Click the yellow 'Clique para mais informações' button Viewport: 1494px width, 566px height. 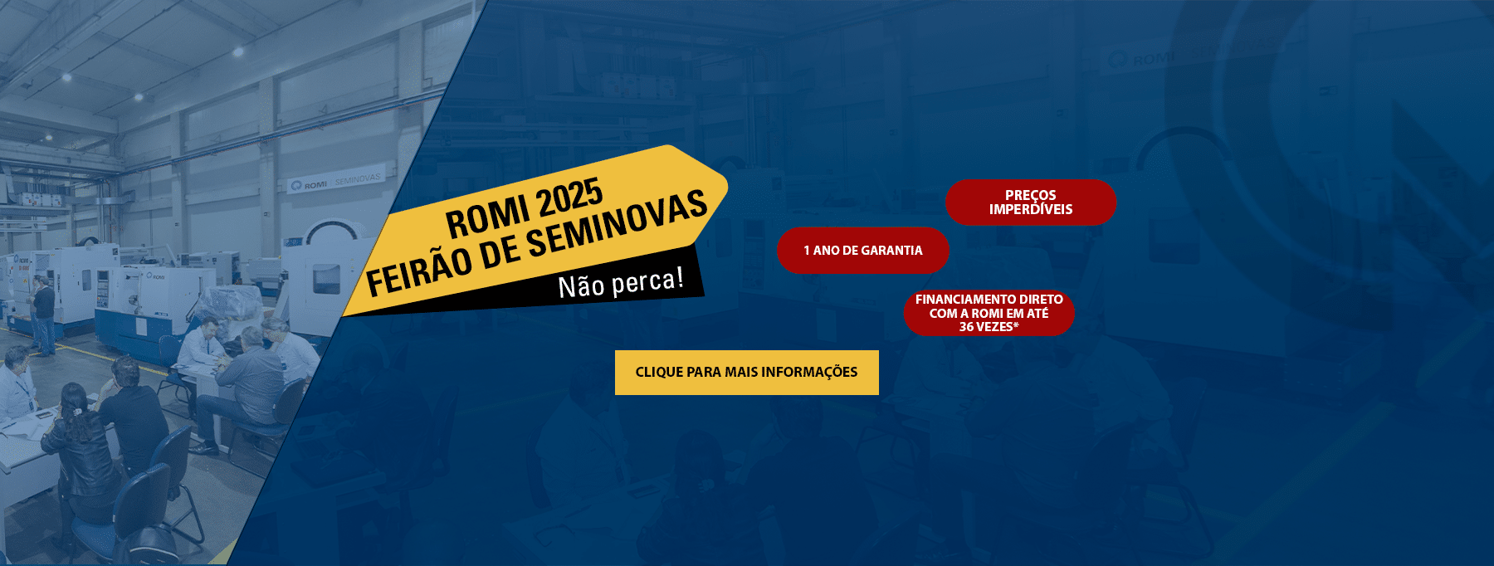(746, 372)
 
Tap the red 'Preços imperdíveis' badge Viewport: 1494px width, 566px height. (1031, 202)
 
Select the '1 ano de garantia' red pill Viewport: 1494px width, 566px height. (863, 250)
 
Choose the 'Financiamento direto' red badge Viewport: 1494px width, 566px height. (989, 313)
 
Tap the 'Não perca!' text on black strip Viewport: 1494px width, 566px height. (622, 283)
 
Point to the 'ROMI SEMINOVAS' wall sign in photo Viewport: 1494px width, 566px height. (335, 181)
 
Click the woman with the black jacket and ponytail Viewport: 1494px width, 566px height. (81, 448)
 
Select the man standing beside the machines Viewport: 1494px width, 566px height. (42, 315)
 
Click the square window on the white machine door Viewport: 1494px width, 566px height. (325, 279)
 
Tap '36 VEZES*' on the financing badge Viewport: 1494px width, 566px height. (989, 327)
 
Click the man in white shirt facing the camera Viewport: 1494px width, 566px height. (199, 349)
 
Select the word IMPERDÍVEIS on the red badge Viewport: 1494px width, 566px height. (1031, 209)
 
